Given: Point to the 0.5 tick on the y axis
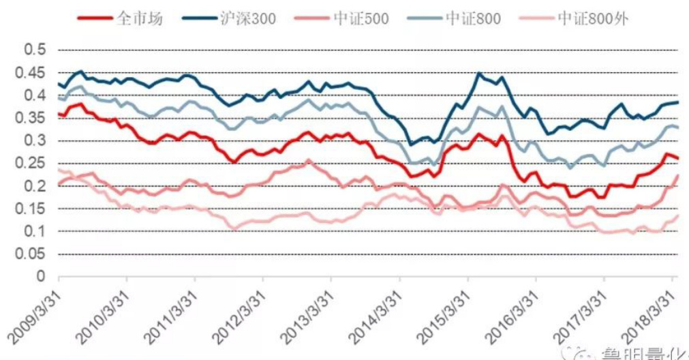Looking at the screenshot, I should pyautogui.click(x=34, y=50).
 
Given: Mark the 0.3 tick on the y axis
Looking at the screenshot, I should pyautogui.click(x=34, y=141).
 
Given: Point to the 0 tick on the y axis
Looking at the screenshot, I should pyautogui.click(x=41, y=277).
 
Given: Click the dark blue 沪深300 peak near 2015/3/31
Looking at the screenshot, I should pyautogui.click(x=478, y=73).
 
